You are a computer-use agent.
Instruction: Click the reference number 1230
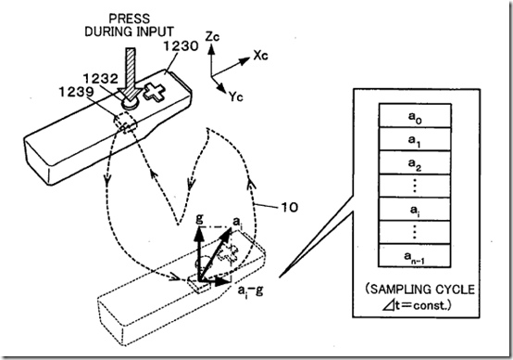(181, 45)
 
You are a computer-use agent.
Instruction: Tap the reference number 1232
(100, 79)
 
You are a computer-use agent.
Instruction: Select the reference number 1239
(77, 92)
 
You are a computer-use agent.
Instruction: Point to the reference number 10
(289, 207)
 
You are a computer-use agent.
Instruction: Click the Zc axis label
(212, 36)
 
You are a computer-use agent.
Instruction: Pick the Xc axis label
(261, 56)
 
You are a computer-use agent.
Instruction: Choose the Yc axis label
(236, 96)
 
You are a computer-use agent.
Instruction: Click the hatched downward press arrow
(131, 75)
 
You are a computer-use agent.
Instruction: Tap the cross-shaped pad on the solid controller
(155, 93)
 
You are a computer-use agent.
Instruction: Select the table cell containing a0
(415, 115)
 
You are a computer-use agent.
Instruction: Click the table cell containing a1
(415, 139)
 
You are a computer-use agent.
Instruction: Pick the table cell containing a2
(415, 162)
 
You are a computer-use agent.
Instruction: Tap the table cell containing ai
(415, 209)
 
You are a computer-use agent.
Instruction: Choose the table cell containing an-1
(415, 256)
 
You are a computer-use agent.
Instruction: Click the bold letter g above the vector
(199, 218)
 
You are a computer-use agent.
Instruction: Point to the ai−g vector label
(251, 290)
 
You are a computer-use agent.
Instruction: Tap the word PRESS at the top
(130, 19)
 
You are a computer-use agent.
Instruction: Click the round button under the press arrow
(130, 104)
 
